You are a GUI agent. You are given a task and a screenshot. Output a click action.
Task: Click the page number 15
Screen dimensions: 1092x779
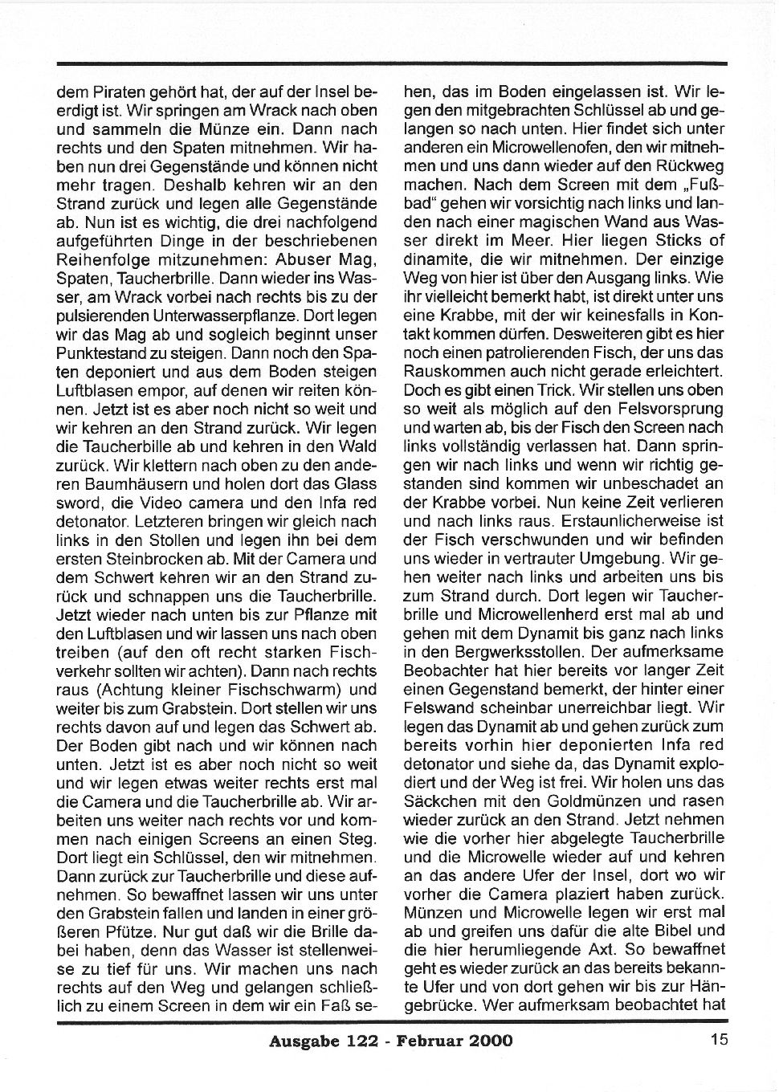[719, 1040]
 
